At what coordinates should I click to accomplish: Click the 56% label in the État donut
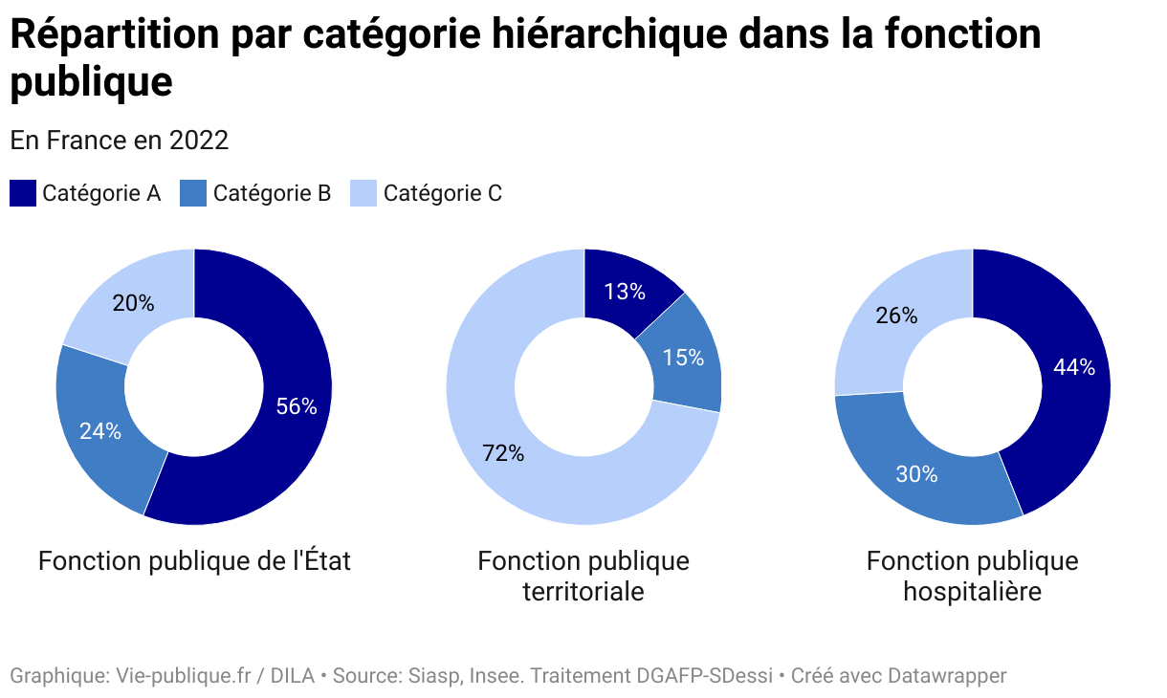point(296,406)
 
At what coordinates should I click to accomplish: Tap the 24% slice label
point(100,431)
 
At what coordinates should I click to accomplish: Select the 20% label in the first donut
point(133,303)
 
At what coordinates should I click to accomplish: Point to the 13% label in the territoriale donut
point(625,292)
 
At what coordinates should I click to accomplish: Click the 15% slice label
point(683,358)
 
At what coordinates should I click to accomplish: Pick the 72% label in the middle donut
point(503,454)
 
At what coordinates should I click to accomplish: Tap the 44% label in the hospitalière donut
point(1074,367)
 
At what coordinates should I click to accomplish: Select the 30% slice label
point(916,473)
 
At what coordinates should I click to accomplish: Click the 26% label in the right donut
point(896,316)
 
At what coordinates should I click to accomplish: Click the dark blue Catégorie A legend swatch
point(23,193)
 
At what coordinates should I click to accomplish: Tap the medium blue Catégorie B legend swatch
point(193,193)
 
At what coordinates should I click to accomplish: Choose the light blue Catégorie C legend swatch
point(363,193)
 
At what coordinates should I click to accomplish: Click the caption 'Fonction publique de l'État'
point(194,561)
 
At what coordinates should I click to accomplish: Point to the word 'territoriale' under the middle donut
point(583,592)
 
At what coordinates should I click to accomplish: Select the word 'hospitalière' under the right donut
point(972,592)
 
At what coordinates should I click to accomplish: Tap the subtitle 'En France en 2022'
point(120,141)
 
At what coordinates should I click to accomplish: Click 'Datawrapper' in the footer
point(947,676)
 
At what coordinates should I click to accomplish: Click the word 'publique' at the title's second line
point(91,82)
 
